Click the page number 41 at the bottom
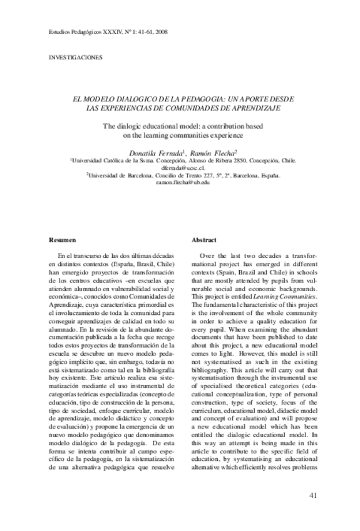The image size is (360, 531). point(314,496)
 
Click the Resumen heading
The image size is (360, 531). point(63,240)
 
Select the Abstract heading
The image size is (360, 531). point(204,240)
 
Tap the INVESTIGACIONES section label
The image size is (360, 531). point(75,58)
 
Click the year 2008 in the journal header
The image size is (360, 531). point(160,31)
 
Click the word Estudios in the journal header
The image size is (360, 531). point(61,31)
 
